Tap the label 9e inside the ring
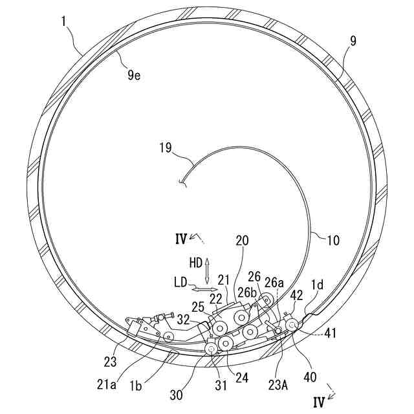pyautogui.click(x=134, y=76)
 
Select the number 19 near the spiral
pyautogui.click(x=165, y=148)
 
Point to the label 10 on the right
pyautogui.click(x=332, y=241)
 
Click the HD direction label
pyautogui.click(x=195, y=264)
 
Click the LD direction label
pyautogui.click(x=181, y=282)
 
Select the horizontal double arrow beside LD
pyautogui.click(x=204, y=282)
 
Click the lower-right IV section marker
pyautogui.click(x=318, y=402)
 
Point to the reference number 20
pyautogui.click(x=242, y=240)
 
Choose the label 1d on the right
pyautogui.click(x=318, y=285)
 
